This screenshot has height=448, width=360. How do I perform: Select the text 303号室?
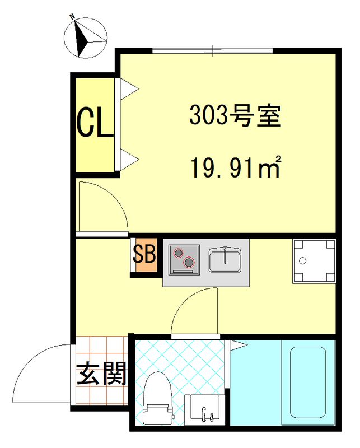tap(234, 116)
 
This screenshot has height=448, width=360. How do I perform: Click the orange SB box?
tap(144, 257)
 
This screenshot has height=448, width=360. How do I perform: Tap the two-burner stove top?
tap(185, 259)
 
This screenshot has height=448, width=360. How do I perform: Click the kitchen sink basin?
tap(226, 259)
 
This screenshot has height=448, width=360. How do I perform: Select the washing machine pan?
tap(314, 262)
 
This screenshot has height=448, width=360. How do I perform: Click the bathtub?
tap(306, 382)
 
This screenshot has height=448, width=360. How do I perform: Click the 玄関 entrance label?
tap(101, 374)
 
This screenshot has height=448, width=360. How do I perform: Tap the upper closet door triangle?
tap(128, 87)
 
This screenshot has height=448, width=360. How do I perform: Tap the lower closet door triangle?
tap(128, 160)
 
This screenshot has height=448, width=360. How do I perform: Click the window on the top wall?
tap(212, 52)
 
